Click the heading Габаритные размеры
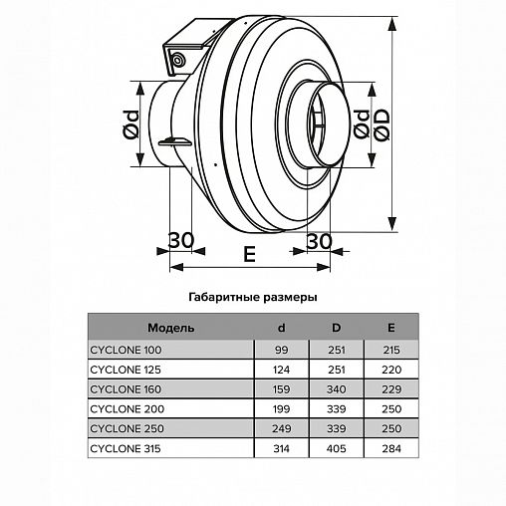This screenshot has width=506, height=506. click(253, 297)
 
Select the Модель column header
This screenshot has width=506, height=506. click(170, 328)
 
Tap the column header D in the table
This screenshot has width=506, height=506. click(336, 328)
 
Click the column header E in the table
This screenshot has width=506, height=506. click(391, 328)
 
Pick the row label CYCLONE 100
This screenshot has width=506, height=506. click(126, 350)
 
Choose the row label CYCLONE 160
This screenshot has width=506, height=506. click(126, 389)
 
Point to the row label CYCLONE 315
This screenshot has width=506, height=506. click(126, 448)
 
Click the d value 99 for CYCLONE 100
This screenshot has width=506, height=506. click(281, 350)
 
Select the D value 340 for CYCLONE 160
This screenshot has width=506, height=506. click(336, 389)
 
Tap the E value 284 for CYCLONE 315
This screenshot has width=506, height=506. click(391, 448)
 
